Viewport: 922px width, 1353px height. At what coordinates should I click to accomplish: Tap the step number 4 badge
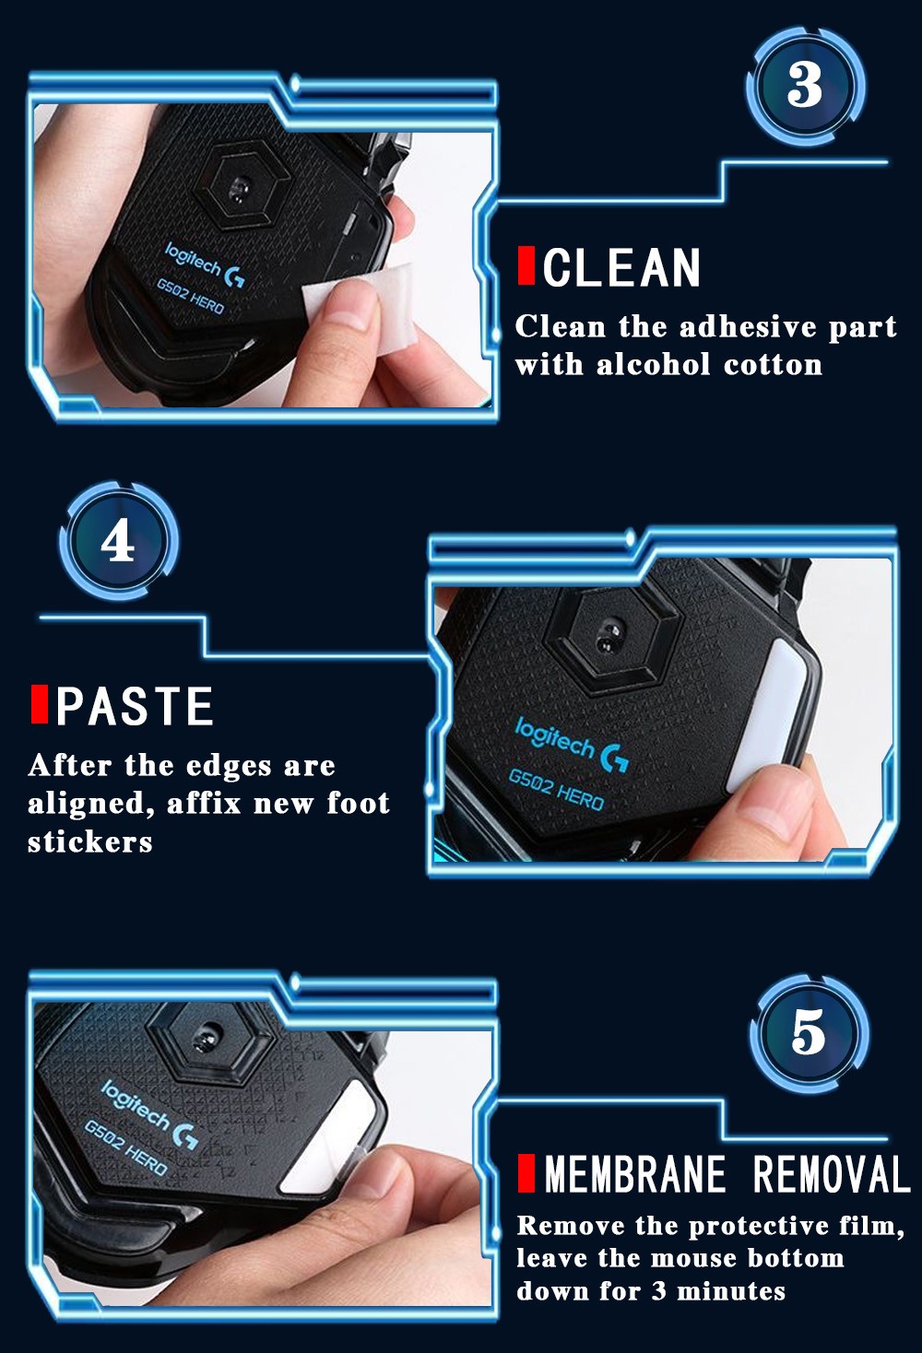[x=118, y=541]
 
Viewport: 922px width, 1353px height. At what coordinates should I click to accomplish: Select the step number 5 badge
[x=809, y=1032]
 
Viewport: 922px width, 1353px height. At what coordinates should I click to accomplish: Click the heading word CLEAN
[x=621, y=266]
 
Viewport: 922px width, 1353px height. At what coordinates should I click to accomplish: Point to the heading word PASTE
[x=135, y=705]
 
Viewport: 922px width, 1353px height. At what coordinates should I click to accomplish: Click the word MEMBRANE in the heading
[x=634, y=1173]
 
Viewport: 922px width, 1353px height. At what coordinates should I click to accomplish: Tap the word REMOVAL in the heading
[x=832, y=1173]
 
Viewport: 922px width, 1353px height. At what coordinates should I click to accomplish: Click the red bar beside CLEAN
[x=526, y=265]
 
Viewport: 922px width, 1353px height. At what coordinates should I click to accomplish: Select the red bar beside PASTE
[x=40, y=704]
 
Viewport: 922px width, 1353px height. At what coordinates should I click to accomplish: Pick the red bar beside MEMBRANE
[x=526, y=1173]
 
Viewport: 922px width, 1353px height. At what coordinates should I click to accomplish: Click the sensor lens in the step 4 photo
[x=609, y=636]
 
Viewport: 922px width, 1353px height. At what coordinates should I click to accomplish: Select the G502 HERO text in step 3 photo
[x=190, y=297]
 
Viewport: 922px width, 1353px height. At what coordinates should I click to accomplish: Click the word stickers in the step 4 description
[x=90, y=842]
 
